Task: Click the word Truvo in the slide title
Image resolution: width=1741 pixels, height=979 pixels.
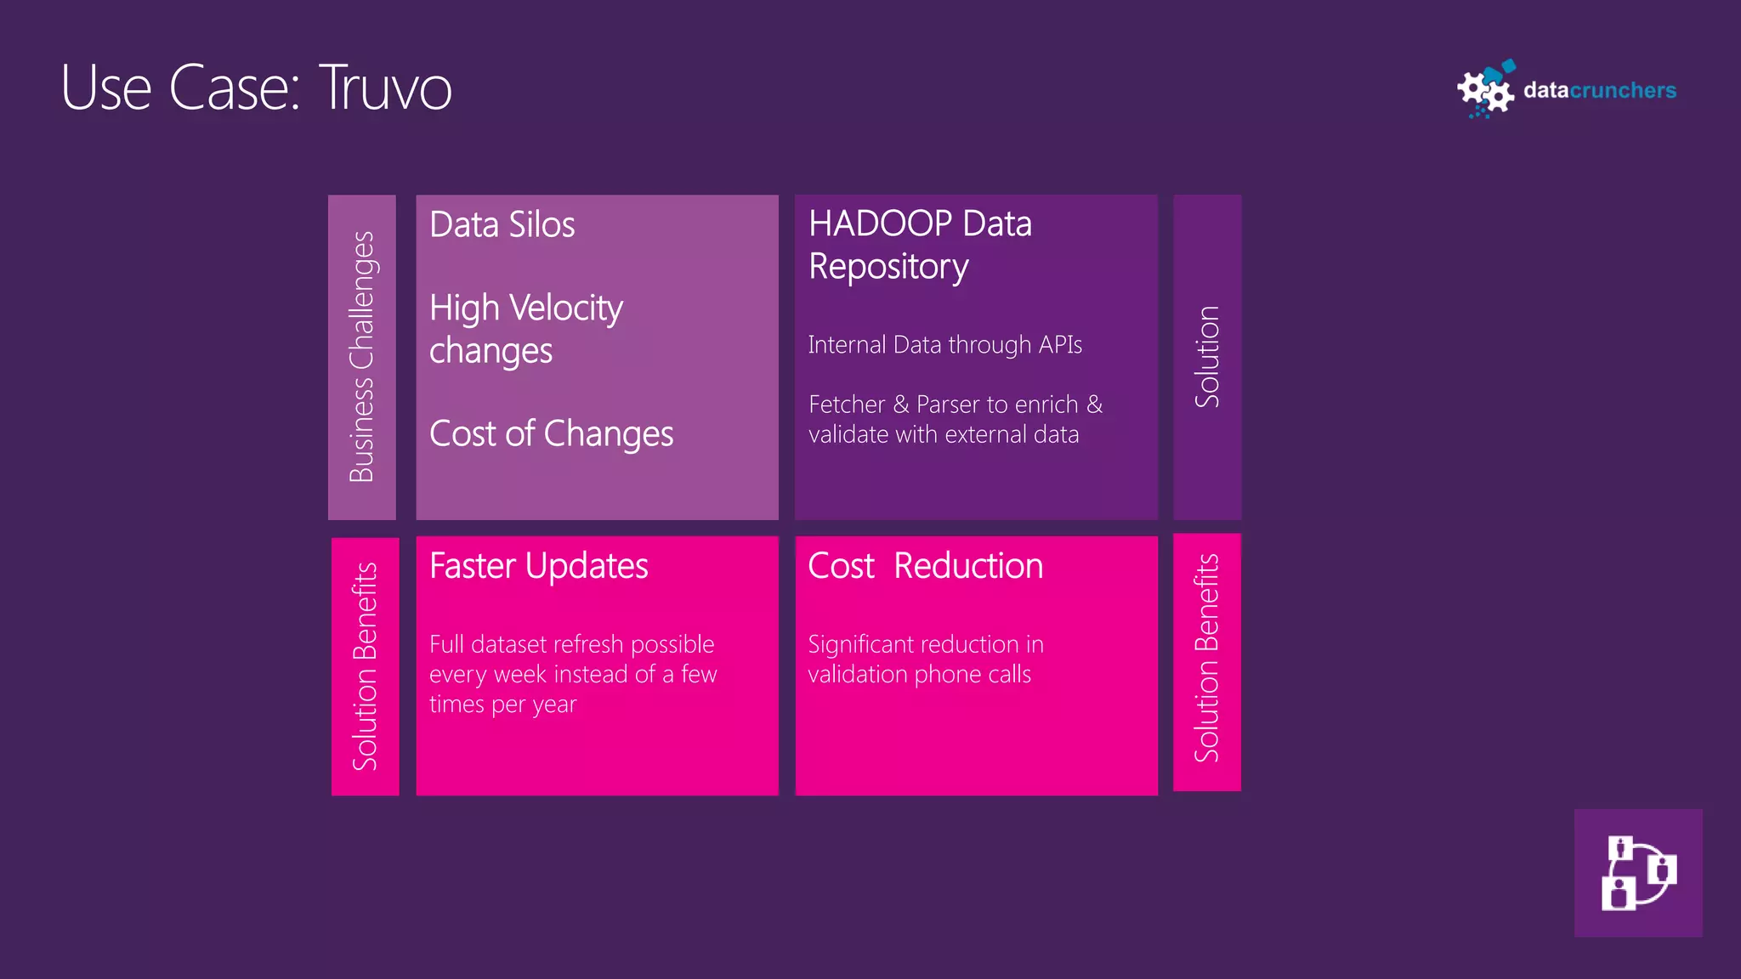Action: point(385,88)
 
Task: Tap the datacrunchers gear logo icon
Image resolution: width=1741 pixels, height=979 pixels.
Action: point(1485,90)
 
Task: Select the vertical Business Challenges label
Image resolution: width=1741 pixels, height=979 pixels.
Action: point(362,357)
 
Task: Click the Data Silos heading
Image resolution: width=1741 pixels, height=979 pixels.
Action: point(502,225)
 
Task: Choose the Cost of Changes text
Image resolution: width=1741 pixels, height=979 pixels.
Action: point(551,434)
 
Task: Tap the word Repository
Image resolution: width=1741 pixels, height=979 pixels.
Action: point(888,268)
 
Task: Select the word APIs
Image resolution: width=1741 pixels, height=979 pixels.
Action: point(1060,345)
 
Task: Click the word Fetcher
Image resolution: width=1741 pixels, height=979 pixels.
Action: point(847,405)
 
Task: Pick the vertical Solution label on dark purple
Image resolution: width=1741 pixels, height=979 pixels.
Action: point(1207,357)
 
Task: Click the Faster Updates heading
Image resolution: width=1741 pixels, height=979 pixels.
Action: point(538,566)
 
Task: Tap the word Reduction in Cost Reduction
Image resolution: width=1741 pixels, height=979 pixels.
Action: point(968,566)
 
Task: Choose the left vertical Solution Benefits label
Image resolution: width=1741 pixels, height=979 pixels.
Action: point(365,667)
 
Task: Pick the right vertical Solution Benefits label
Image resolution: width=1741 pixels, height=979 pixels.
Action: point(1207,659)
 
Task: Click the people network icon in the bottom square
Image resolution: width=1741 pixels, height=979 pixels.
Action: point(1637,873)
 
